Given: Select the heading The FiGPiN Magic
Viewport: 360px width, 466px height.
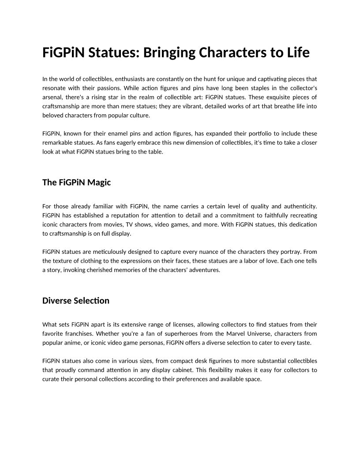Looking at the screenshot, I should pos(76,182).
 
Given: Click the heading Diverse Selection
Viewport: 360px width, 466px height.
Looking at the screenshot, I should pos(75,301).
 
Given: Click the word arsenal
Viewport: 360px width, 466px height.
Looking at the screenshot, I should pos(52,97).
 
